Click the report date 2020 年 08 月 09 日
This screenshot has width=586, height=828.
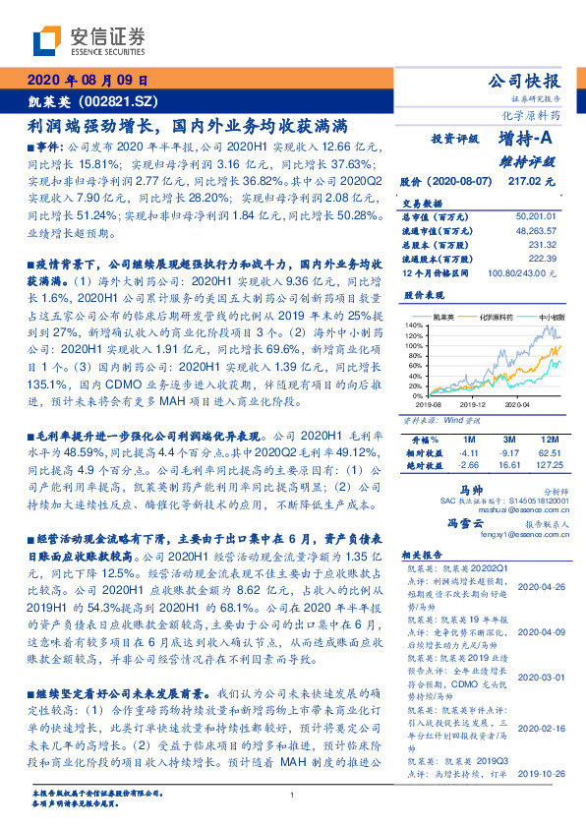pyautogui.click(x=87, y=80)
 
